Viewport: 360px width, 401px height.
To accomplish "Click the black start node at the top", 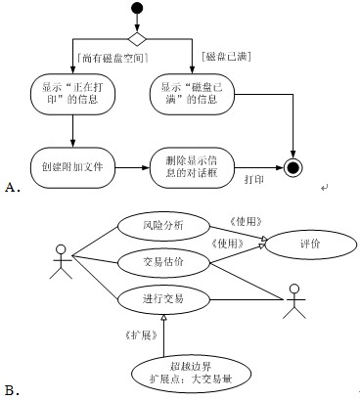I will tap(137, 12).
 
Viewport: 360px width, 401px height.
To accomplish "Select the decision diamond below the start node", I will tap(137, 38).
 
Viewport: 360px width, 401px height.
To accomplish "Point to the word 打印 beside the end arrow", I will tap(253, 180).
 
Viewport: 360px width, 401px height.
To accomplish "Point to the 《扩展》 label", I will tap(143, 334).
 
